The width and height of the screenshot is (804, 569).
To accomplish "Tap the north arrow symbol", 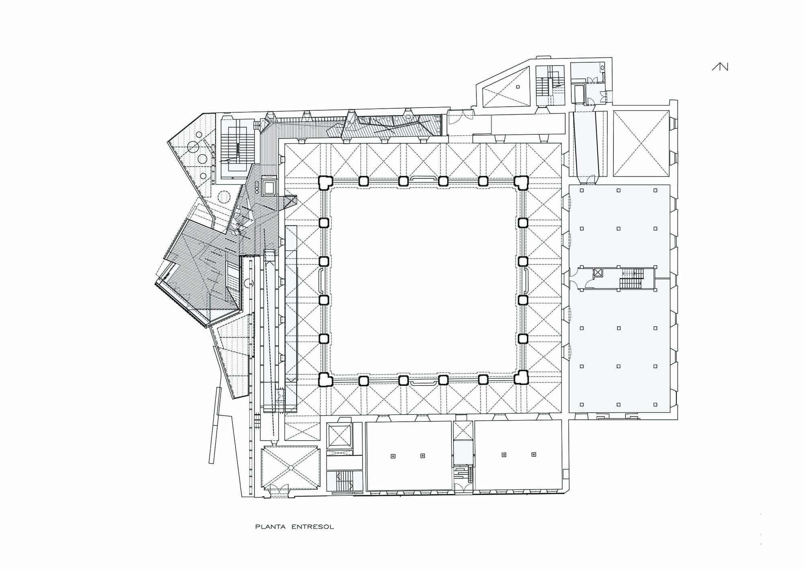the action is click(x=720, y=67).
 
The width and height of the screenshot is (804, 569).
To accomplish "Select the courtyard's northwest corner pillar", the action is click(x=324, y=182).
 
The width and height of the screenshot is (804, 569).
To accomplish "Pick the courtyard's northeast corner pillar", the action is click(x=521, y=182).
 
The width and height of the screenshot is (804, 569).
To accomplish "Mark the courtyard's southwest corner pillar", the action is click(x=324, y=379).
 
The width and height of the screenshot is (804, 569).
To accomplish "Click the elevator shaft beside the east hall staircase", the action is click(x=598, y=272).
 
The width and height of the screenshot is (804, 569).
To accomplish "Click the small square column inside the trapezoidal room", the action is click(x=518, y=87).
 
